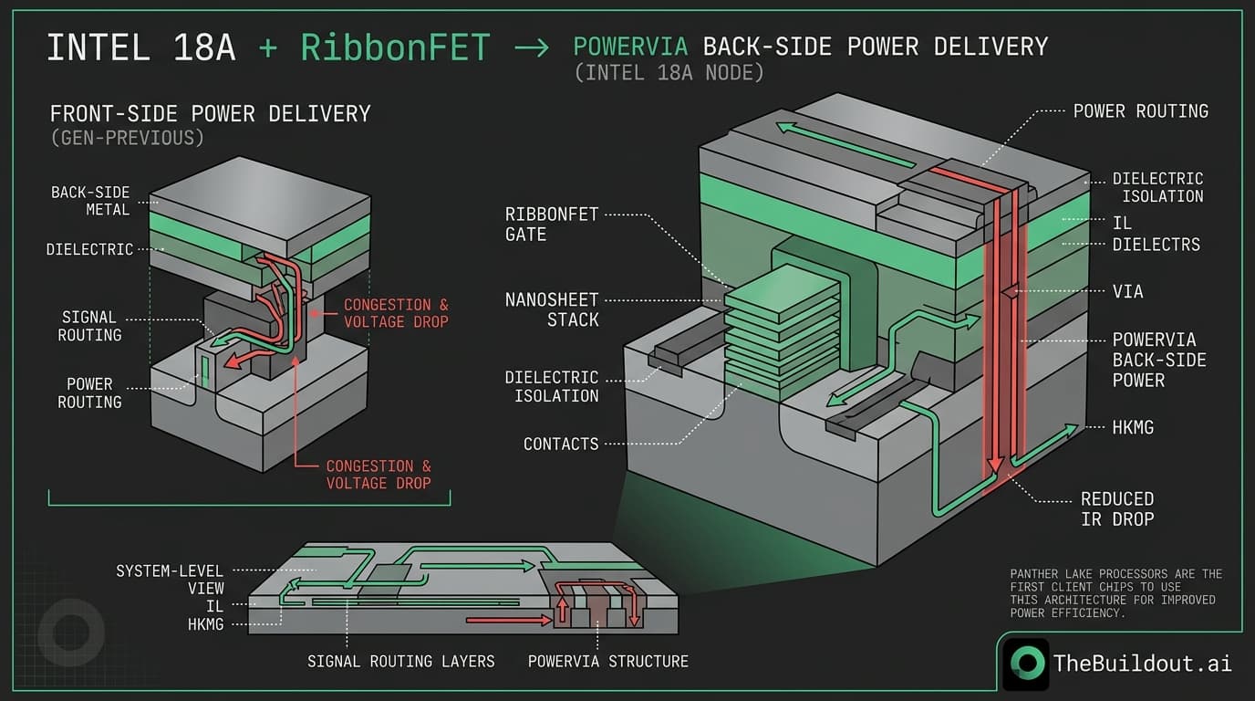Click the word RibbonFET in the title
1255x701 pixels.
[395, 47]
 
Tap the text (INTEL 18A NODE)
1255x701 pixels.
[669, 72]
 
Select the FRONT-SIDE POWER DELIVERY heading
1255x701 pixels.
[210, 114]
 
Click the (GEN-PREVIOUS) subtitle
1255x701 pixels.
[127, 138]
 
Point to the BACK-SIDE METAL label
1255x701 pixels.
[90, 201]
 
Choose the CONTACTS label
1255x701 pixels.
[561, 445]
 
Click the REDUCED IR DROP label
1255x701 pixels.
[1116, 509]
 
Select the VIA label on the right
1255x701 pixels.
[1127, 292]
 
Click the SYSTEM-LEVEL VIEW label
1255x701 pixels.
[170, 580]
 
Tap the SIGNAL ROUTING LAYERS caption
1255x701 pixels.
[401, 661]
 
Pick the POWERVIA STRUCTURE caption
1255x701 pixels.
[607, 661]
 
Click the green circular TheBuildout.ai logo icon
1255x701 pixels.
[1025, 664]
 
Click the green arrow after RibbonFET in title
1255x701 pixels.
[532, 47]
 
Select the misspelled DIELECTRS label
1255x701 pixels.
[1156, 245]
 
